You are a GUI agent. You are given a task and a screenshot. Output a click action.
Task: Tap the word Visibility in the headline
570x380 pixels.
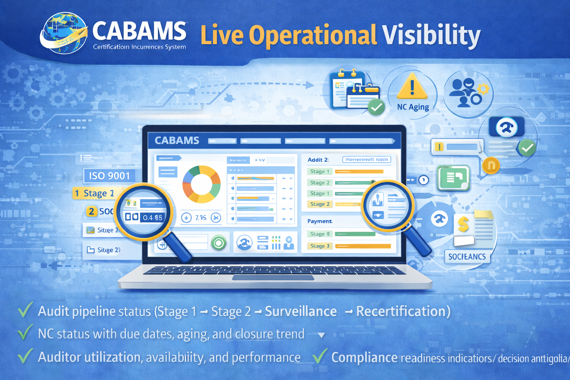(x=431, y=36)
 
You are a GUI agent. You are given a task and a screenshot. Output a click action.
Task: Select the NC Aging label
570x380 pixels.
(x=413, y=107)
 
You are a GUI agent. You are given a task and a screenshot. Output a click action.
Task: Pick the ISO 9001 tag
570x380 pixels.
(x=109, y=176)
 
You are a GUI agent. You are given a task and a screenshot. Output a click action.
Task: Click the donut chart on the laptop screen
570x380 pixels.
(x=202, y=184)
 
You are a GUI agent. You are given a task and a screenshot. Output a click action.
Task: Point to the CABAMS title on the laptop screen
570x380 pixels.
(x=177, y=141)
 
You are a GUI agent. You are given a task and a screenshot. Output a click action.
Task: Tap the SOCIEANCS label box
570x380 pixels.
(x=467, y=257)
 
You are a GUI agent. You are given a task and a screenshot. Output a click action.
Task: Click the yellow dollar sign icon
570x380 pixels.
(x=463, y=225)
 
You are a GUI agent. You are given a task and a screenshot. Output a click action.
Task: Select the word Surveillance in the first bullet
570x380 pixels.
(x=301, y=312)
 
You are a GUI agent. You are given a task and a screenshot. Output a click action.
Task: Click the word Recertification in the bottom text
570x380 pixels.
(x=403, y=312)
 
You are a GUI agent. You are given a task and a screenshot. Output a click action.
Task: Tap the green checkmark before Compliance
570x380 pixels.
(x=320, y=357)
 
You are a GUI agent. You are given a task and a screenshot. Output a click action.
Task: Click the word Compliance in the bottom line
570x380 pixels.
(x=364, y=358)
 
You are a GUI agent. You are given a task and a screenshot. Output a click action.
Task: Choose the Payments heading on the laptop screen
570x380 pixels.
(x=320, y=221)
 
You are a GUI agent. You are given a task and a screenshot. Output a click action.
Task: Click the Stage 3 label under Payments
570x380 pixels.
(x=320, y=246)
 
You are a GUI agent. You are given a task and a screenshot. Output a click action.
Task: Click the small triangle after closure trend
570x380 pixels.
(x=322, y=335)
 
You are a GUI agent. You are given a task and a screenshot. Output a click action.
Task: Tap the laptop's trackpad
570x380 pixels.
(x=273, y=278)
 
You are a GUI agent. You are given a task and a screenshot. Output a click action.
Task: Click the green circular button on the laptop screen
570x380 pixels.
(x=219, y=243)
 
